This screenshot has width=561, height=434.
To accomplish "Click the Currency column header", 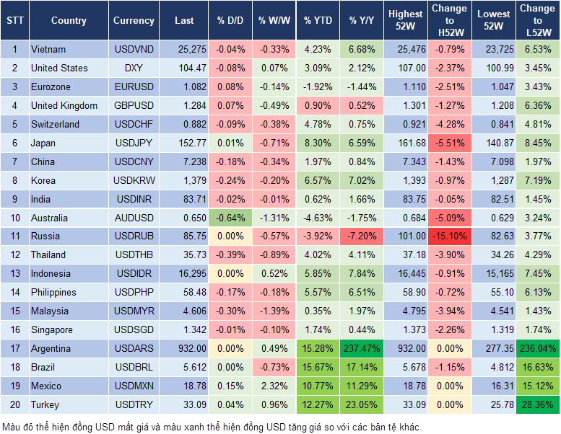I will coord(134,21).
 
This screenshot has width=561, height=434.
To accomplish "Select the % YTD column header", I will coord(318,21).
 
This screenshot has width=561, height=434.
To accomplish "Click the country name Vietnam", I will coord(48,49).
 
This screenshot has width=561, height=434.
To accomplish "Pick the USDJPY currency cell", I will coord(134,143).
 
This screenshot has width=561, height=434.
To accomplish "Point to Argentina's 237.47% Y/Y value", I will coord(362,348).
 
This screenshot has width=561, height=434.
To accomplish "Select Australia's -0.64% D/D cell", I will coord(230,217).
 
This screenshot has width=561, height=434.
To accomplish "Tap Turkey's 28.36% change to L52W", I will coord(537,404).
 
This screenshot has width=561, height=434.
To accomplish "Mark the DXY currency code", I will coord(134,68).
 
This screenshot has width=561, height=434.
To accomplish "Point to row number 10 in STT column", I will coord(14,217).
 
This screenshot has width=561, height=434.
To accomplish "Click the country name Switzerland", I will coord(55,124).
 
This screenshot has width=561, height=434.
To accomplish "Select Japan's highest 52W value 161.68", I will coord(405,143).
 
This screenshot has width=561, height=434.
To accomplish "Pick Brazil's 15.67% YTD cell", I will coord(318,367).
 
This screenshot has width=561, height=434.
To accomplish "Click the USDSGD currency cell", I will coord(134,329).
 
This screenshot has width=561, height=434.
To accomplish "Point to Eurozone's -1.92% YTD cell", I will coord(318,87).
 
